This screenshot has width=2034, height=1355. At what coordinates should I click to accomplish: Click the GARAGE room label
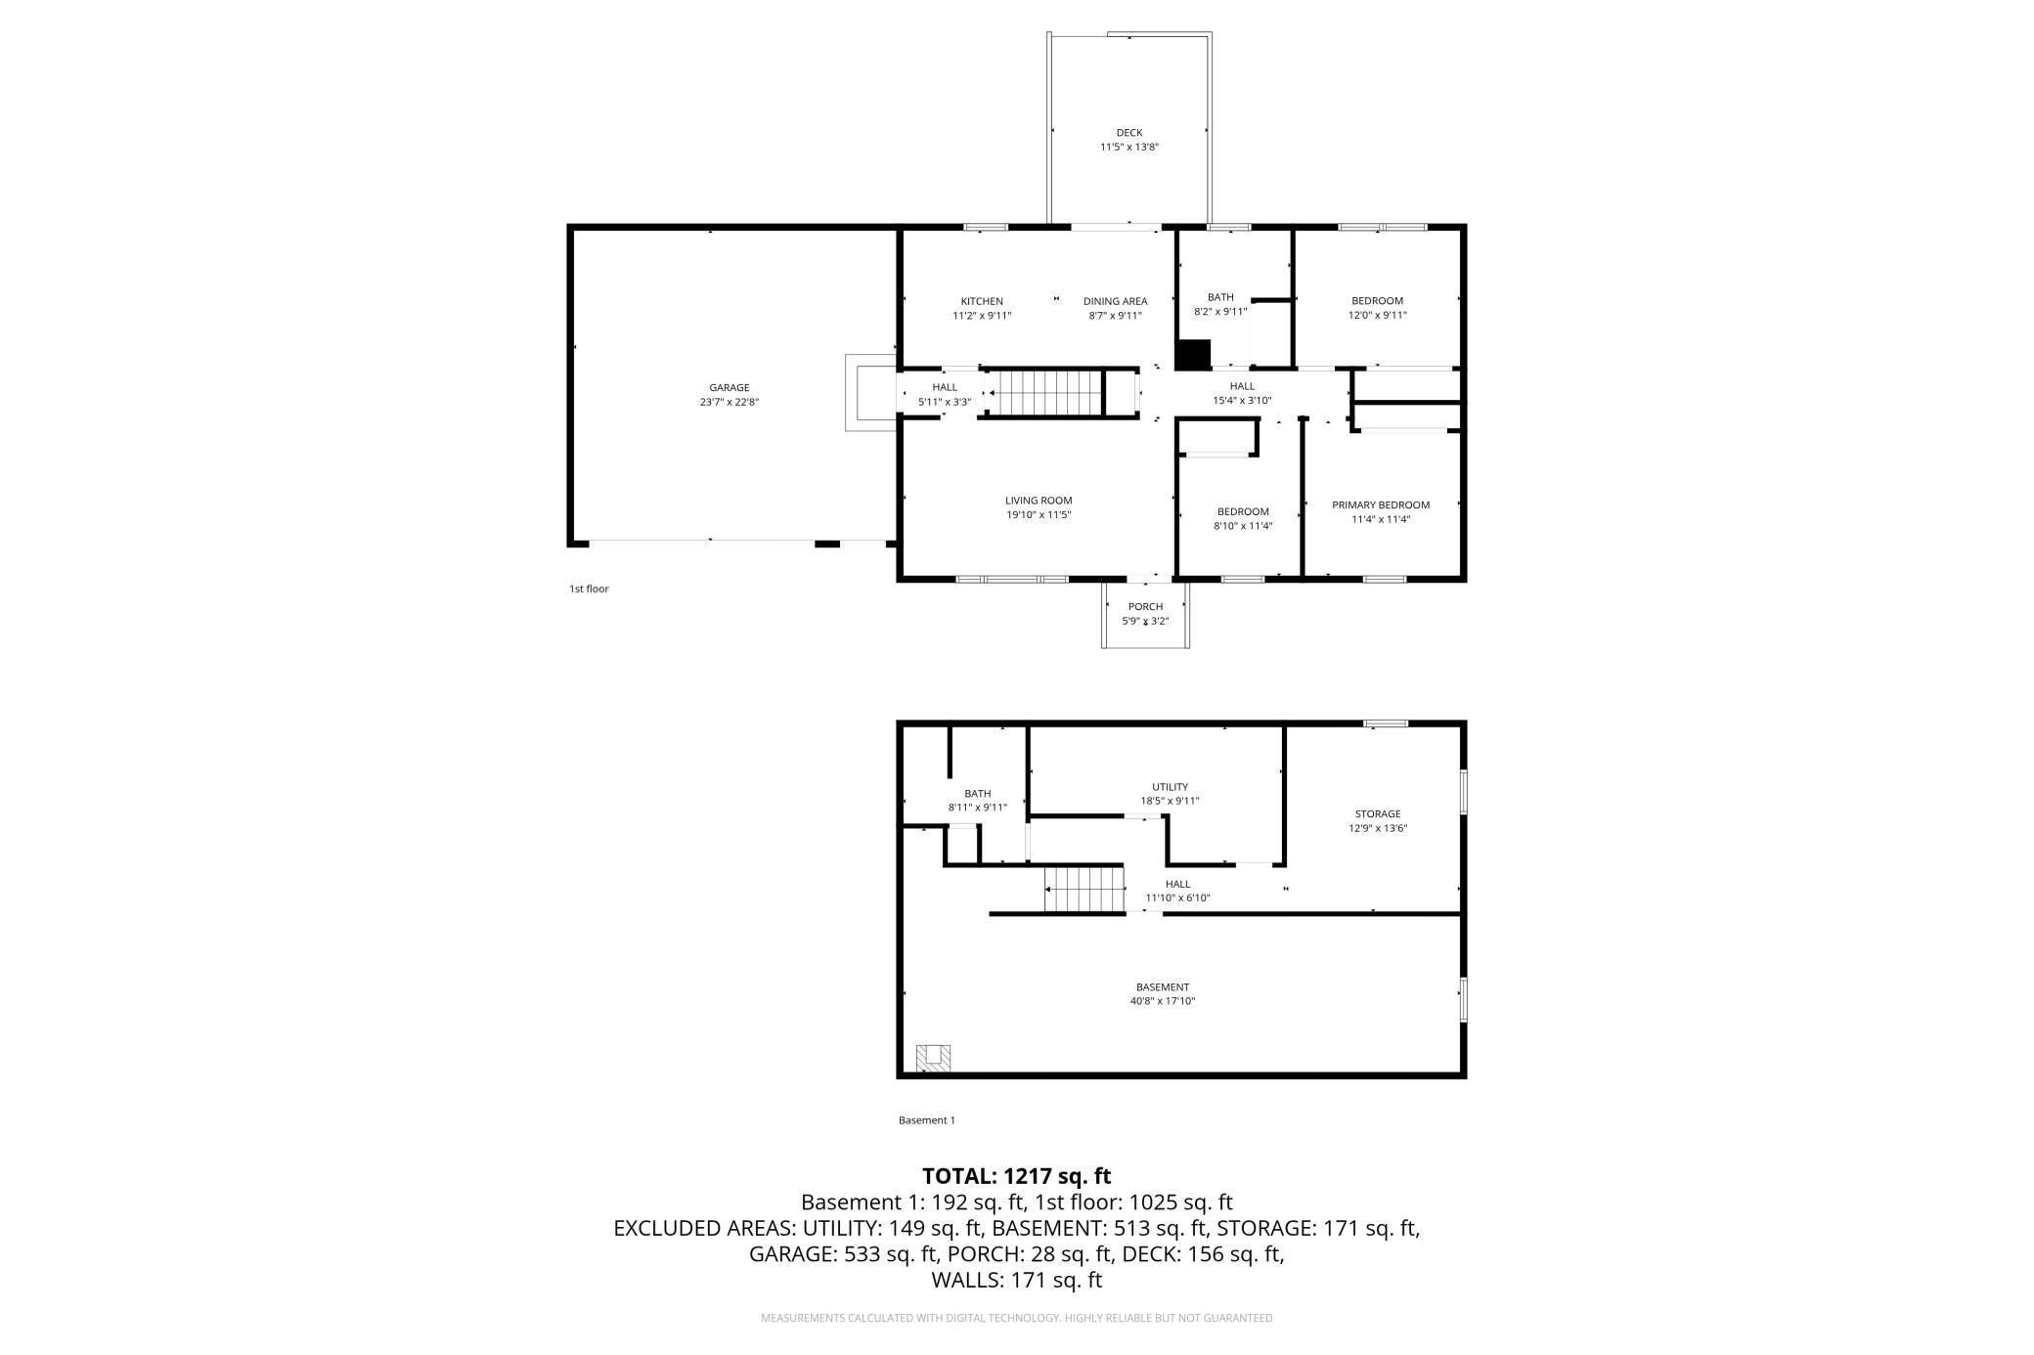point(729,388)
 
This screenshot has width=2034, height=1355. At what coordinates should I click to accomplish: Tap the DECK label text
point(1129,133)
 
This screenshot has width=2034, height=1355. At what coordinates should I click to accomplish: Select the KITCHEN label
point(982,301)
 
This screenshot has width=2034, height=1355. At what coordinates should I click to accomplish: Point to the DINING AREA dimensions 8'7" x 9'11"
point(1115,316)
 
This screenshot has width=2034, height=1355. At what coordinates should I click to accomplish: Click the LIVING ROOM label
point(1039,501)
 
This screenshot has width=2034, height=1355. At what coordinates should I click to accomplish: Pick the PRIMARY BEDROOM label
point(1381,505)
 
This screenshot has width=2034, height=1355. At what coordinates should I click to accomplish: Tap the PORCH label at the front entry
point(1145,607)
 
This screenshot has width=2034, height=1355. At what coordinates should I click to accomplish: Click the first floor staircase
point(1045,394)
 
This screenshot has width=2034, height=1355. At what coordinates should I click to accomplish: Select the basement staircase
point(1083,889)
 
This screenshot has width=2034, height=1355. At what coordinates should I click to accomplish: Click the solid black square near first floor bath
point(1193,354)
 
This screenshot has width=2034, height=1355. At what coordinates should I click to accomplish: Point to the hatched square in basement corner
point(933,1058)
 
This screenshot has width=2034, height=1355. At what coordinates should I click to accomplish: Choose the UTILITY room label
point(1170,787)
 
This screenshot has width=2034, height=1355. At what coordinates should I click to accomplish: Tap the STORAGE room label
point(1378,814)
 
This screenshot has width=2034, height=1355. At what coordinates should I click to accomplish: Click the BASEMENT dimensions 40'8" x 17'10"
point(1163,1001)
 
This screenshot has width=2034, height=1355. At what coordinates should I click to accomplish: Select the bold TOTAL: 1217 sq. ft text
point(1017,1176)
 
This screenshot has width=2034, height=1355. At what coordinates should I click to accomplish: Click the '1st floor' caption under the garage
point(589,589)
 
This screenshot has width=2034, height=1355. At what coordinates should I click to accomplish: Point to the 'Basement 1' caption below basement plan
point(926,1120)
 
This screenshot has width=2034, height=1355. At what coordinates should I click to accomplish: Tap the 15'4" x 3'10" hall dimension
point(1242,400)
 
